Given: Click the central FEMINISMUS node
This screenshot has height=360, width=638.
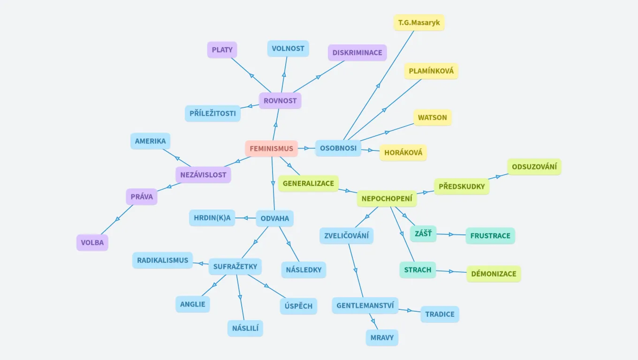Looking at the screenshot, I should pos(271,149).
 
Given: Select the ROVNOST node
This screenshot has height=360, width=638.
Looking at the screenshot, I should pos(280,101).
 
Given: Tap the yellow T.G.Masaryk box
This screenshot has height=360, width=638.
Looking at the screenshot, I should pos(419,22).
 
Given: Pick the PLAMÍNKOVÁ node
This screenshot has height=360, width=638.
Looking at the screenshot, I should pos(431,71).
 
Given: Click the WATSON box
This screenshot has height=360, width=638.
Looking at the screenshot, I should pos(432,118).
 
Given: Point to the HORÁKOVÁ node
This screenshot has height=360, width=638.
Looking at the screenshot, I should pos(403,152).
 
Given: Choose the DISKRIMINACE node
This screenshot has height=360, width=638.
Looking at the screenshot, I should pos(357,52).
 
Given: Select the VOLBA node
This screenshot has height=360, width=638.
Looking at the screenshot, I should pos(92,243).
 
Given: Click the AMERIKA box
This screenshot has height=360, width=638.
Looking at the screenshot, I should pos(150,141).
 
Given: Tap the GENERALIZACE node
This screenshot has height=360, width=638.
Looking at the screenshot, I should pos(308,183).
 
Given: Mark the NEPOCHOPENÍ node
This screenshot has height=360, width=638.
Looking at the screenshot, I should pos(387,199).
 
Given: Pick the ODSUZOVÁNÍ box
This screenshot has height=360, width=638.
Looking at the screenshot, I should pos(534,167).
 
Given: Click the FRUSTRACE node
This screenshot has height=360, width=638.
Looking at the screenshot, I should pos(490,236).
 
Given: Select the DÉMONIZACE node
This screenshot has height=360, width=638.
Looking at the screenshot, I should pos(494,274).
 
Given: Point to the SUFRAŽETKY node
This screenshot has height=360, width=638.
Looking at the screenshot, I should pos(235,267).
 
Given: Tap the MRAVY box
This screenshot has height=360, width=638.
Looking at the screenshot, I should pos(382,337).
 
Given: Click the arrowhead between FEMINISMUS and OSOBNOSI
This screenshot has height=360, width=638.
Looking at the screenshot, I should pos(307,148).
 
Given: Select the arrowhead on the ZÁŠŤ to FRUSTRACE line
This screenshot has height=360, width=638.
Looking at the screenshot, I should pos(451,234).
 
